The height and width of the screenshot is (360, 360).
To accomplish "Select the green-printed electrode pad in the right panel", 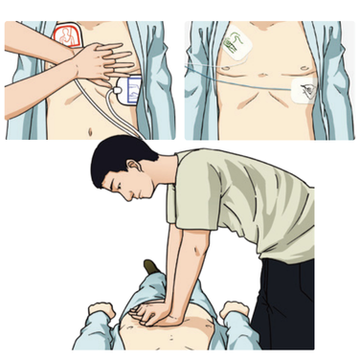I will (232, 43).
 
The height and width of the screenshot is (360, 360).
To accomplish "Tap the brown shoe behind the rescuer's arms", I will (150, 265).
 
